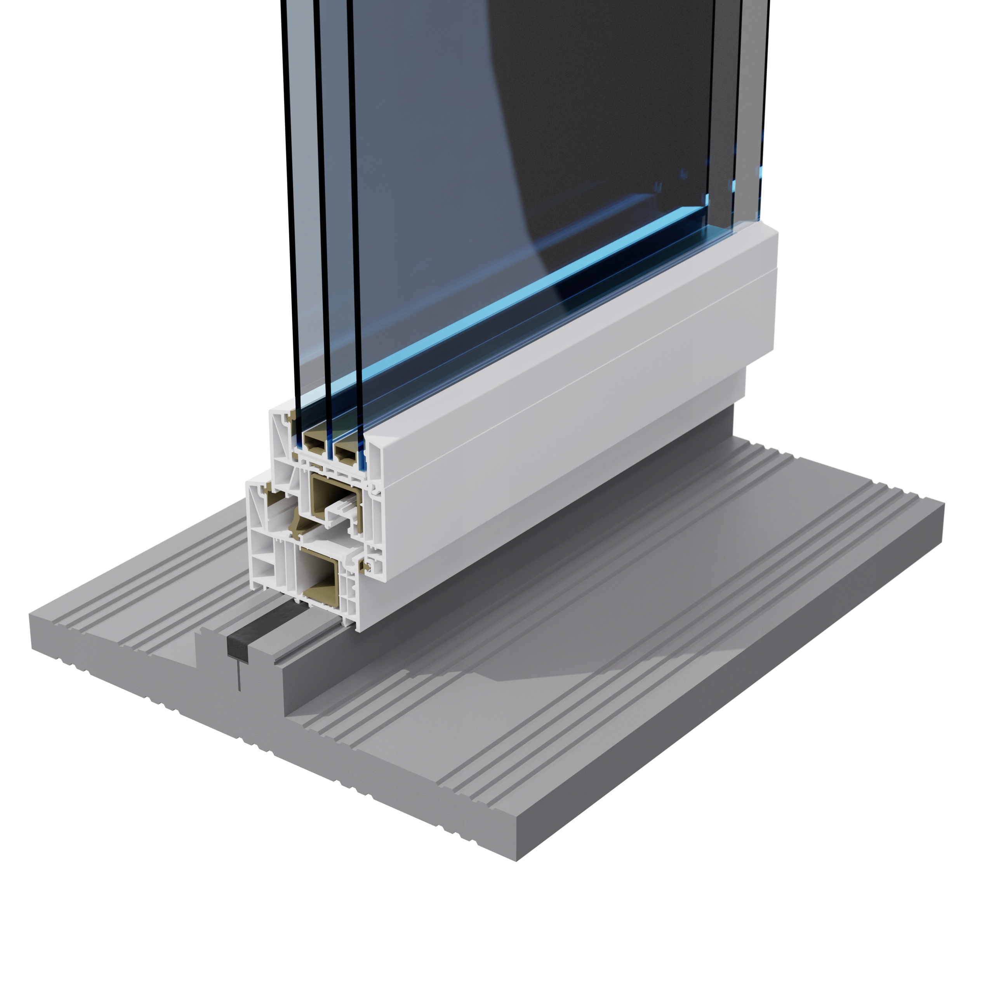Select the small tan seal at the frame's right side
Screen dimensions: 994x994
point(367,566)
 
